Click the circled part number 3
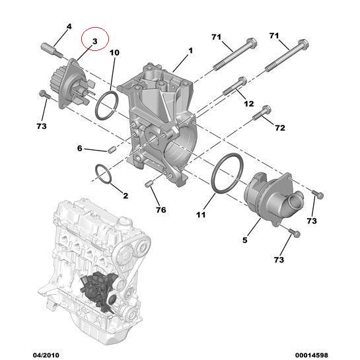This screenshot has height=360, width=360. (x=94, y=42)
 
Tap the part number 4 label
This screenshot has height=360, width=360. (x=69, y=26)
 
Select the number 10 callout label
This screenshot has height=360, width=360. (x=114, y=53)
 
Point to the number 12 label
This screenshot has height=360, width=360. (x=248, y=104)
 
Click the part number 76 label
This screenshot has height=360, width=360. (x=161, y=211)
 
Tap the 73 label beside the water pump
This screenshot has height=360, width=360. (x=41, y=126)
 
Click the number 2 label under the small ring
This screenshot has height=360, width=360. (x=125, y=196)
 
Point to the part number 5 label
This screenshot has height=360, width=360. (x=244, y=240)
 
